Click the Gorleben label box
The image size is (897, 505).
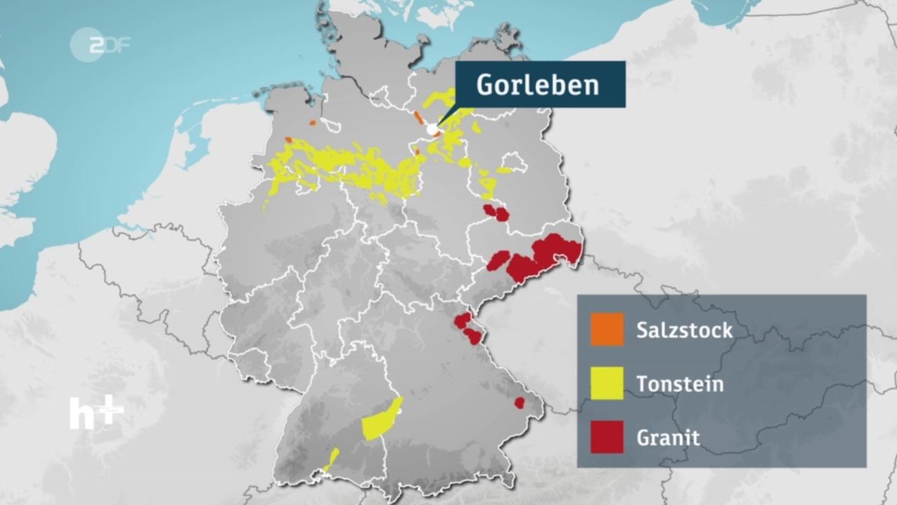[x=540, y=85]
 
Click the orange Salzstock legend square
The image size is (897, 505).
[x=607, y=330]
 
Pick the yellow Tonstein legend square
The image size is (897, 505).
[x=607, y=384]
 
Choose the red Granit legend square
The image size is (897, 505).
[x=607, y=437]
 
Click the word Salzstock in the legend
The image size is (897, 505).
[x=684, y=330]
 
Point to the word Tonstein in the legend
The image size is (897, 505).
[x=680, y=384]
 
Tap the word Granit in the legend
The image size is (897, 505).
[x=668, y=438]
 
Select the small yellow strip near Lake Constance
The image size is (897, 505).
[x=331, y=459]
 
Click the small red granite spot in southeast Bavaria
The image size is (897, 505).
[x=519, y=403]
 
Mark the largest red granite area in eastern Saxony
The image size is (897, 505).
[x=558, y=250]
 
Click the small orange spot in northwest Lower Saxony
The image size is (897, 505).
[x=313, y=122]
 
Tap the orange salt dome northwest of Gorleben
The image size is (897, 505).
[x=418, y=117]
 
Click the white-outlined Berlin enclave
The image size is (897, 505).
[x=514, y=163]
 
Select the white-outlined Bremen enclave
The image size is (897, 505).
[x=330, y=126]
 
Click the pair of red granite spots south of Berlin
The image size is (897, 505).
[x=496, y=213]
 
